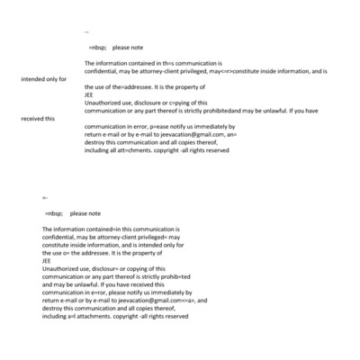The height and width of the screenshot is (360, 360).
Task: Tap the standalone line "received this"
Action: click(38, 119)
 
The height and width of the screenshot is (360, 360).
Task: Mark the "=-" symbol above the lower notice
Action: click(45, 196)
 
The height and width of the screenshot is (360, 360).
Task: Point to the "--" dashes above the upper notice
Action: click(86, 31)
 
